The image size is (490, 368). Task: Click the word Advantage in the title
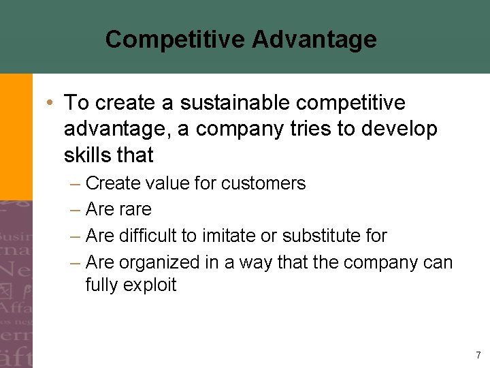tap(314, 40)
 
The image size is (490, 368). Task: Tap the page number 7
tap(478, 355)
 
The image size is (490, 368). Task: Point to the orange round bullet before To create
tap(50, 103)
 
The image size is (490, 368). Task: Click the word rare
tap(135, 209)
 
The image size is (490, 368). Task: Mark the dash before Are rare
tap(74, 209)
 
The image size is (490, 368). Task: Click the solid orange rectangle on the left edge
tap(16, 136)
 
